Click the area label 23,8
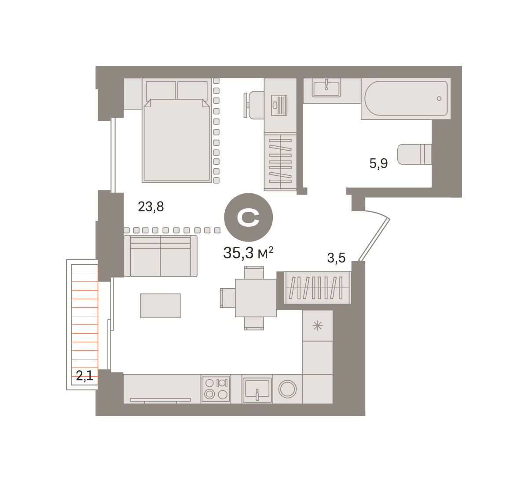point(151,207)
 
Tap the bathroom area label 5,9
point(378,163)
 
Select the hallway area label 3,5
point(336,258)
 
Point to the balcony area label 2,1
point(84,376)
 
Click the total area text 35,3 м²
point(248,253)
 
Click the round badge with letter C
point(248,217)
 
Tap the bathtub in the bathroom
point(406,98)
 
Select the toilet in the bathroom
point(414,154)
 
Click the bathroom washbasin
point(326,87)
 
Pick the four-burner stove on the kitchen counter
point(216,389)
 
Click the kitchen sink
point(257,390)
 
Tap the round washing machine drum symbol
point(287,389)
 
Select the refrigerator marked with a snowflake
point(317,326)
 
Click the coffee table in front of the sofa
point(160,306)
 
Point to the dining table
point(256,298)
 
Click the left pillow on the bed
point(161,91)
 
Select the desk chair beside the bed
point(254,105)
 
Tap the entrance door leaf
point(374,239)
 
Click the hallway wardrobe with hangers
point(317,288)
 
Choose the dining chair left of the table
point(227,298)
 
